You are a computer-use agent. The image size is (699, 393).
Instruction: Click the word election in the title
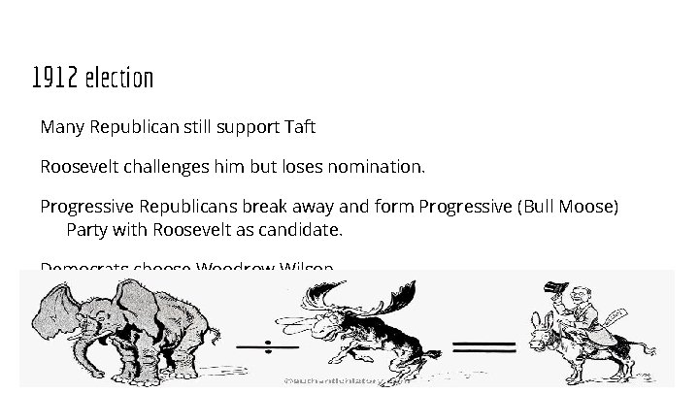point(119,77)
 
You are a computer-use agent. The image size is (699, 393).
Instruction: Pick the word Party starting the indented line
point(86,232)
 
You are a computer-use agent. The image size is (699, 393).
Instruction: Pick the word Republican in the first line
point(133,127)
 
